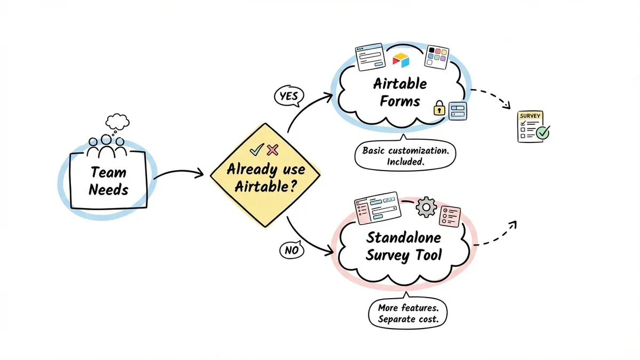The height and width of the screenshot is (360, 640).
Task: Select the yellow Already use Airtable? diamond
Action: tap(265, 175)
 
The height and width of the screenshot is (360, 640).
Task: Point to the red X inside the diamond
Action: tap(273, 150)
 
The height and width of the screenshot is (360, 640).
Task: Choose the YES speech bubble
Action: tap(289, 96)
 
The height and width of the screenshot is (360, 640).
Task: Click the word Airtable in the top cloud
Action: tap(400, 84)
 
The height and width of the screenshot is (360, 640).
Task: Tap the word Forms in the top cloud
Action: tap(400, 101)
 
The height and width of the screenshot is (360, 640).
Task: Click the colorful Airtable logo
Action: tap(400, 60)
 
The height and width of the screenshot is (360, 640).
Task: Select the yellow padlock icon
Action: tap(439, 108)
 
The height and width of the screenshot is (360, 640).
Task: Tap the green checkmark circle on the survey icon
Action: tap(542, 132)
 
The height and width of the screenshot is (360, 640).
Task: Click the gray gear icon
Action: tap(426, 207)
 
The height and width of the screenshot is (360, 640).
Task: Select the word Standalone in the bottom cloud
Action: tap(404, 237)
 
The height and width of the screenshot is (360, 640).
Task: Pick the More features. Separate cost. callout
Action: tap(407, 314)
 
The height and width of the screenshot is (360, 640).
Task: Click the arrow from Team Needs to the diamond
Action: tap(179, 173)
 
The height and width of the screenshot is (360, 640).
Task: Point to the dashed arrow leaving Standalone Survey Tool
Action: tap(496, 235)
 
